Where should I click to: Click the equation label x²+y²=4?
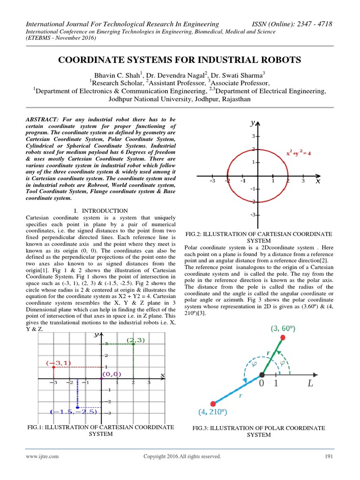click(x=299, y=153)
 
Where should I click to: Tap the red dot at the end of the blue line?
click(x=213, y=403)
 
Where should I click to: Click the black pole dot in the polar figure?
click(x=262, y=375)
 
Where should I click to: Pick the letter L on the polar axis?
click(x=310, y=384)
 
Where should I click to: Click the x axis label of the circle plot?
click(x=318, y=181)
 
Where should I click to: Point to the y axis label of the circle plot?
click(x=253, y=123)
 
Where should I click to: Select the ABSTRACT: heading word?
click(x=42, y=120)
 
